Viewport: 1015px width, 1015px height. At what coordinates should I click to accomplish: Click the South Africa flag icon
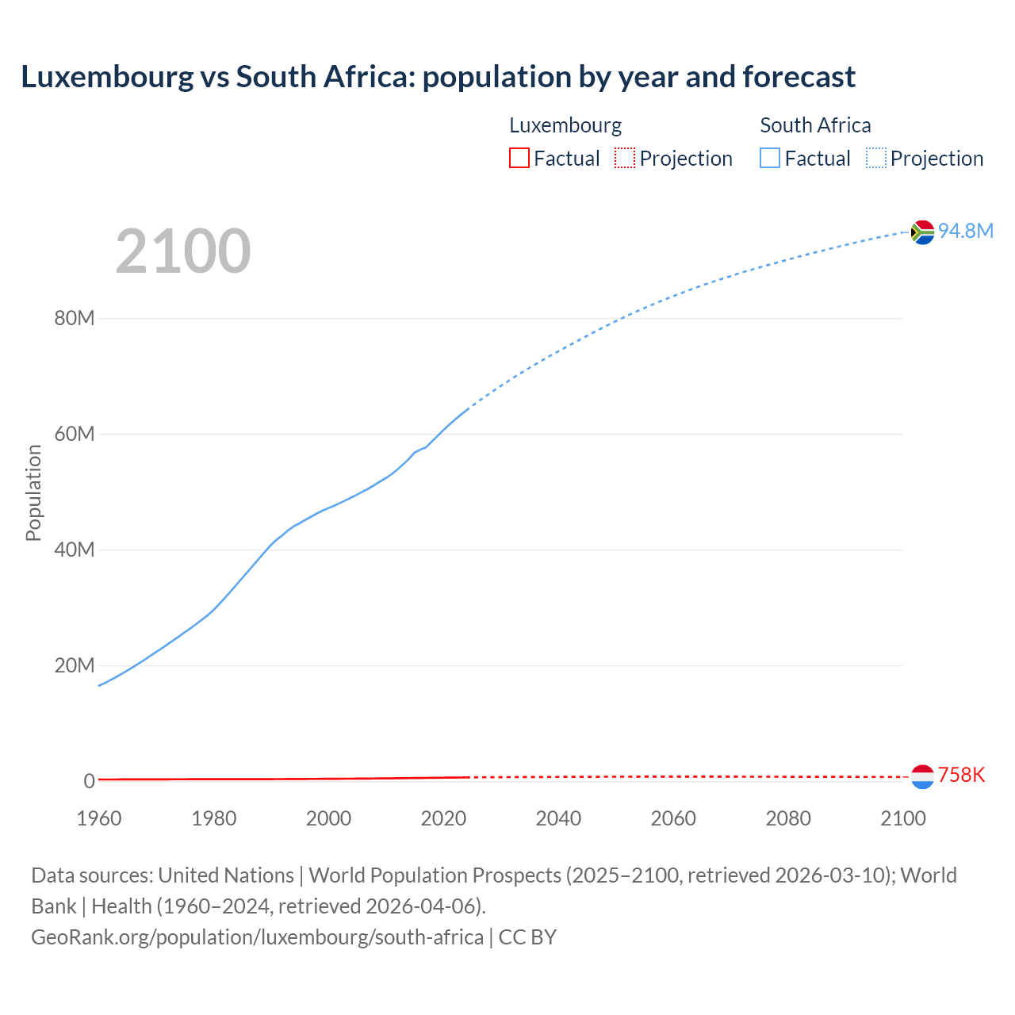pos(922,232)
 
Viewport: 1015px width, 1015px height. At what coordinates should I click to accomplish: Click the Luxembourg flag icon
pos(922,776)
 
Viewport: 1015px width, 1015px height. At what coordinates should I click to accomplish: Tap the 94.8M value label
pos(965,231)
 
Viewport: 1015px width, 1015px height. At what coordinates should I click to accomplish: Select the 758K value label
pos(961,776)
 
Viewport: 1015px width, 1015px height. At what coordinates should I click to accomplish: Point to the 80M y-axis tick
pos(75,319)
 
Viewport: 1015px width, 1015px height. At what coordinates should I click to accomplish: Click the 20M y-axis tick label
pos(75,665)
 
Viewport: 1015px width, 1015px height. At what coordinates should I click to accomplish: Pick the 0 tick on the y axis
pos(89,781)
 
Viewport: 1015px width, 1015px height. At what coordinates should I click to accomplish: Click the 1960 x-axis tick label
pos(99,818)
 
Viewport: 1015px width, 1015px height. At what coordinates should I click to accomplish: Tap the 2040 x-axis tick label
pos(558,818)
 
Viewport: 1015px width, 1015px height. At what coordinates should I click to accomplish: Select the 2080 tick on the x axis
pos(788,818)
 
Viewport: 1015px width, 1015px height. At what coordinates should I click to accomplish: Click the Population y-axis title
pos(33,492)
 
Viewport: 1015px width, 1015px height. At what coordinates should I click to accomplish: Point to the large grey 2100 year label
pos(183,251)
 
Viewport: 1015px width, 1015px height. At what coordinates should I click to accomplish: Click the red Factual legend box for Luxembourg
pos(519,158)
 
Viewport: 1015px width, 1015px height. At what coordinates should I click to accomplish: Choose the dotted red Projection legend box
pos(625,158)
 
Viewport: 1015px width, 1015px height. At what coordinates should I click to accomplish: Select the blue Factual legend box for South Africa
pos(770,158)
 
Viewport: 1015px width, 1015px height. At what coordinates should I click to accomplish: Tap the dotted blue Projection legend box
pos(876,158)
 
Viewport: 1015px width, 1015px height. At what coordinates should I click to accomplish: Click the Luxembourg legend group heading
pos(565,125)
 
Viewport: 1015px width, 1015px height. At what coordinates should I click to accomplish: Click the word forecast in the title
pos(799,77)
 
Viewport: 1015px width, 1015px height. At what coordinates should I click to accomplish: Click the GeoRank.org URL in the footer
pos(257,936)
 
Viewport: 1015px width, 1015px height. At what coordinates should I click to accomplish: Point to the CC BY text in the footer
pos(527,936)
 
